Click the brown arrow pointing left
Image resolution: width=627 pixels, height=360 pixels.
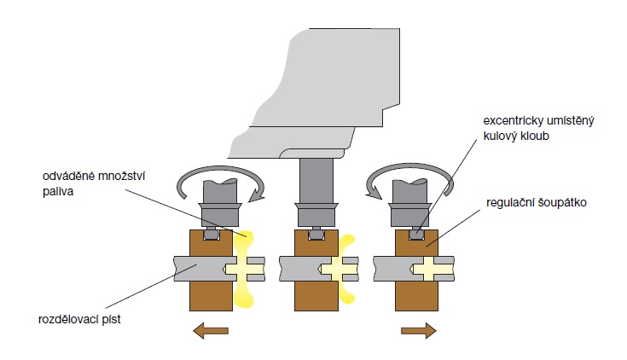point(210,330)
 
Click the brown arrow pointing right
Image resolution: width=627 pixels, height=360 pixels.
point(418,330)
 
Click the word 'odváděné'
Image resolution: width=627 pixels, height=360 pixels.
point(68,177)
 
